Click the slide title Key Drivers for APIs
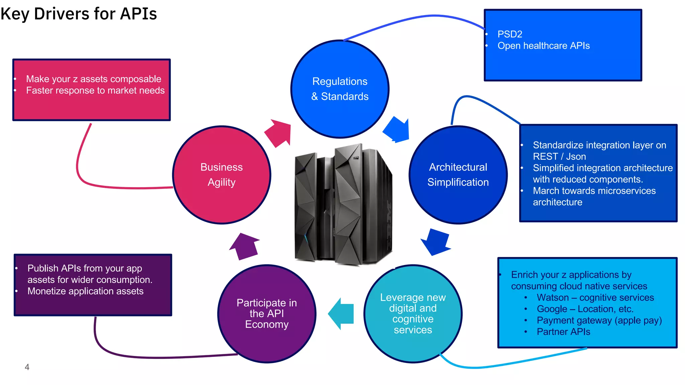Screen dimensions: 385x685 pos(79,14)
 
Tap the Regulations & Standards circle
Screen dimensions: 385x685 pos(340,89)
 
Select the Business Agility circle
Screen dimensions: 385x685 pos(221,175)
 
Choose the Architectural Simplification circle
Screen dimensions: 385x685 pos(458,175)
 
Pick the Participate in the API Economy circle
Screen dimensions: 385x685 pos(267,313)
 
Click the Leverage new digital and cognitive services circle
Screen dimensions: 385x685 pos(413,313)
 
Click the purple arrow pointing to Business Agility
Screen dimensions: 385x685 pos(244,246)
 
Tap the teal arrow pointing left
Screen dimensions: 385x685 pos(341,314)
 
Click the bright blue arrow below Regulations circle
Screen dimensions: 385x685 pos(397,130)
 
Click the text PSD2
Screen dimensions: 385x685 pos(510,34)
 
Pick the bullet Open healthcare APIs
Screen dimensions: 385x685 pos(544,46)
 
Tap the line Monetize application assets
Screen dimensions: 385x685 pos(85,291)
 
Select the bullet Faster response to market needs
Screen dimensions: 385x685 pos(95,91)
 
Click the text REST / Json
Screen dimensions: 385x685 pos(559,156)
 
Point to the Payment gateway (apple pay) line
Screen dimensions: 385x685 pos(599,320)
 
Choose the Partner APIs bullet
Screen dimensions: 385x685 pos(563,332)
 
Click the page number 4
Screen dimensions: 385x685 pos(27,367)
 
